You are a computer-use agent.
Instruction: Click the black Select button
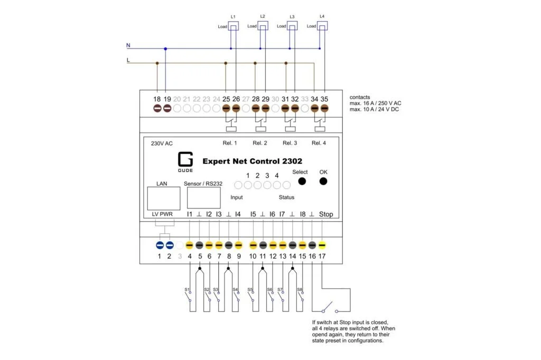pyautogui.click(x=302, y=182)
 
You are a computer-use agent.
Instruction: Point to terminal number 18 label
pyautogui.click(x=157, y=99)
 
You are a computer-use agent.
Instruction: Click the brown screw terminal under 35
pyautogui.click(x=324, y=109)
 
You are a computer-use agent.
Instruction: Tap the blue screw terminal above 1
pyautogui.click(x=160, y=245)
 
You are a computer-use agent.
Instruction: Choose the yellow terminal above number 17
pyautogui.click(x=322, y=245)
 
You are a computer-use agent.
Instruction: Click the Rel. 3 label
pyautogui.click(x=290, y=143)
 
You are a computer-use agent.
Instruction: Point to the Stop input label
pyautogui.click(x=326, y=214)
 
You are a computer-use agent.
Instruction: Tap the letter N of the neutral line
pyautogui.click(x=128, y=45)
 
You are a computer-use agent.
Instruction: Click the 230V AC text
pyautogui.click(x=162, y=143)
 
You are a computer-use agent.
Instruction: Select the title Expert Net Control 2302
pyautogui.click(x=252, y=161)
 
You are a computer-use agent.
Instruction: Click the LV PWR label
pyautogui.click(x=162, y=214)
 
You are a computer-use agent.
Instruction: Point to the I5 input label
pyautogui.click(x=253, y=214)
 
